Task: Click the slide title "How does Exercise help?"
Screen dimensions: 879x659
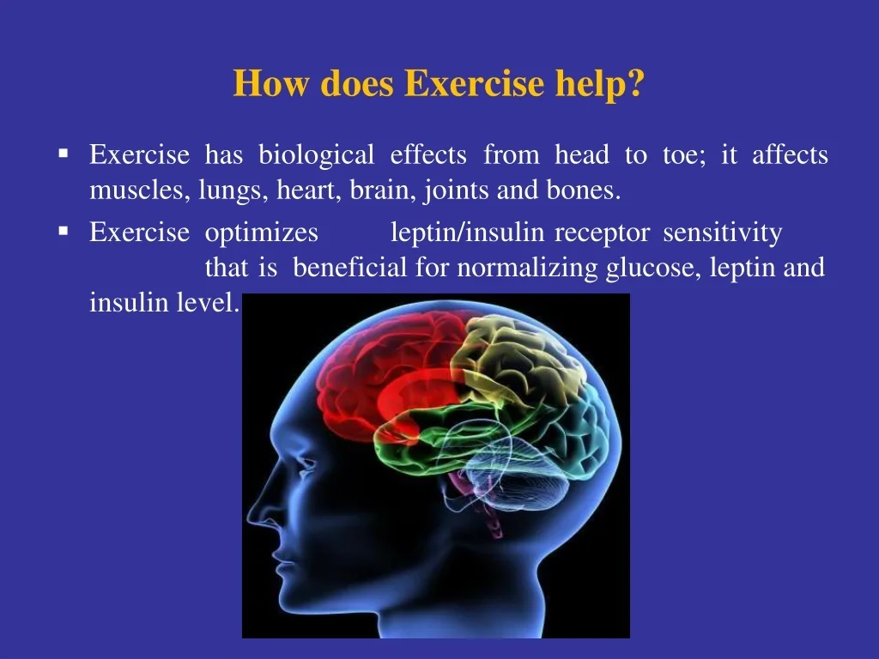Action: coord(439,83)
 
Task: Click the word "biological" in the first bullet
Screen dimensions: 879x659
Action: coord(316,155)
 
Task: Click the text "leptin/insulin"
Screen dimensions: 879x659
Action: coord(467,233)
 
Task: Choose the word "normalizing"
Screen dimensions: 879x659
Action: coord(528,269)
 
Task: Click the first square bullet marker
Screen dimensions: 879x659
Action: coord(64,153)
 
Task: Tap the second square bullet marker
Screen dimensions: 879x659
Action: coord(64,230)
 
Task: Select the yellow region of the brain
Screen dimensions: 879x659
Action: coord(516,359)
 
